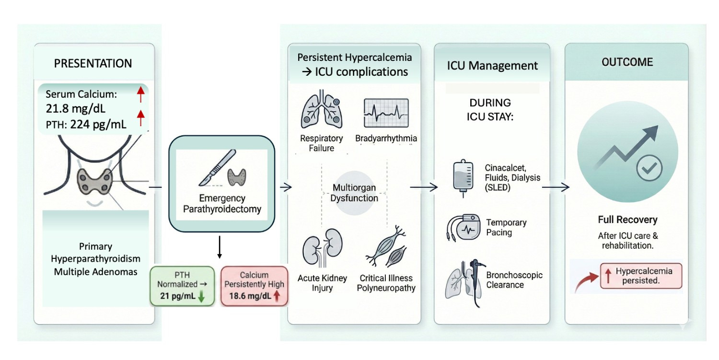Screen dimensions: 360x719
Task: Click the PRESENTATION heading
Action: tap(93, 63)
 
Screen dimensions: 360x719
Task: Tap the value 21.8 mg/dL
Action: tap(75, 108)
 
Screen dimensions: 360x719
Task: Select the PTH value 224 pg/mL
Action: tap(98, 125)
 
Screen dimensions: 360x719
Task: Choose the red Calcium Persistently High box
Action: tap(255, 286)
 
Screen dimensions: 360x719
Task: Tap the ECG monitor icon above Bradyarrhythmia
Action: tap(386, 113)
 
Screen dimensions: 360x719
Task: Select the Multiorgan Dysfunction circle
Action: tap(354, 191)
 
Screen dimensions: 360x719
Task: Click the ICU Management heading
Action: tap(492, 65)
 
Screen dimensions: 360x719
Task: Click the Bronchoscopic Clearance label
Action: tap(514, 280)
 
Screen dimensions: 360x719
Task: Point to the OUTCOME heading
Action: tap(627, 62)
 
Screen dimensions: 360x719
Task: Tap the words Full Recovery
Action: tap(627, 220)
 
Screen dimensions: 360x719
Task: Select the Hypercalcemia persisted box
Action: tap(641, 276)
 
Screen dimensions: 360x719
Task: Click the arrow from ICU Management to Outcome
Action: tap(556, 187)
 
